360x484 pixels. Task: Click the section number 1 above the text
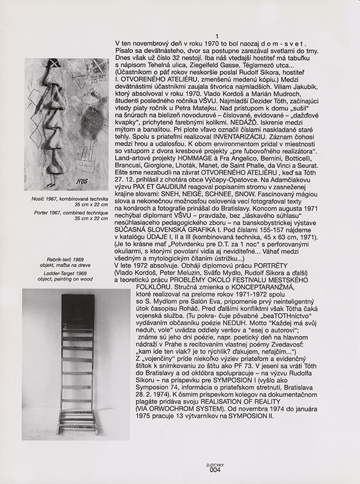(x=217, y=37)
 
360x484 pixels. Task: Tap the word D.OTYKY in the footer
(x=214, y=466)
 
